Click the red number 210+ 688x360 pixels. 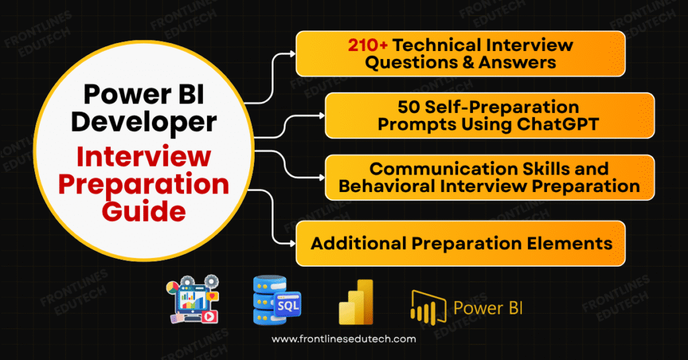point(368,45)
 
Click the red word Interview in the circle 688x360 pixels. point(145,159)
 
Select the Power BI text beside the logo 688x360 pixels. point(488,308)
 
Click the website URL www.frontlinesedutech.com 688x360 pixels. point(343,339)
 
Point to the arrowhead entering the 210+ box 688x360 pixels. point(292,54)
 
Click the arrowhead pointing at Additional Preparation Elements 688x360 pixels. point(292,242)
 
